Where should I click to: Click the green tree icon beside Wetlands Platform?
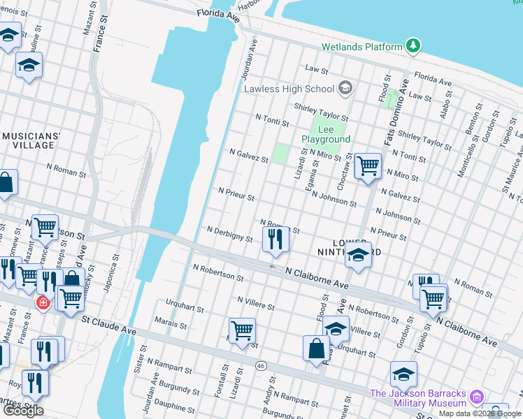click(x=414, y=46)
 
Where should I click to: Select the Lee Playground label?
click(x=326, y=134)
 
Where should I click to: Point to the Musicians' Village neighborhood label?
click(x=31, y=140)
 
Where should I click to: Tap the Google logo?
click(x=23, y=411)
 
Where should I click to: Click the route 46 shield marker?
click(x=261, y=366)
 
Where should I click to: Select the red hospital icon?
click(x=43, y=303)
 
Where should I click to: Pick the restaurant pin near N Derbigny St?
click(x=275, y=240)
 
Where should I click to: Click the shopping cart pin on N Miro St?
click(x=368, y=166)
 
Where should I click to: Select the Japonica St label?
click(x=112, y=268)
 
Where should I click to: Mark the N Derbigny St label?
click(x=229, y=233)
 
